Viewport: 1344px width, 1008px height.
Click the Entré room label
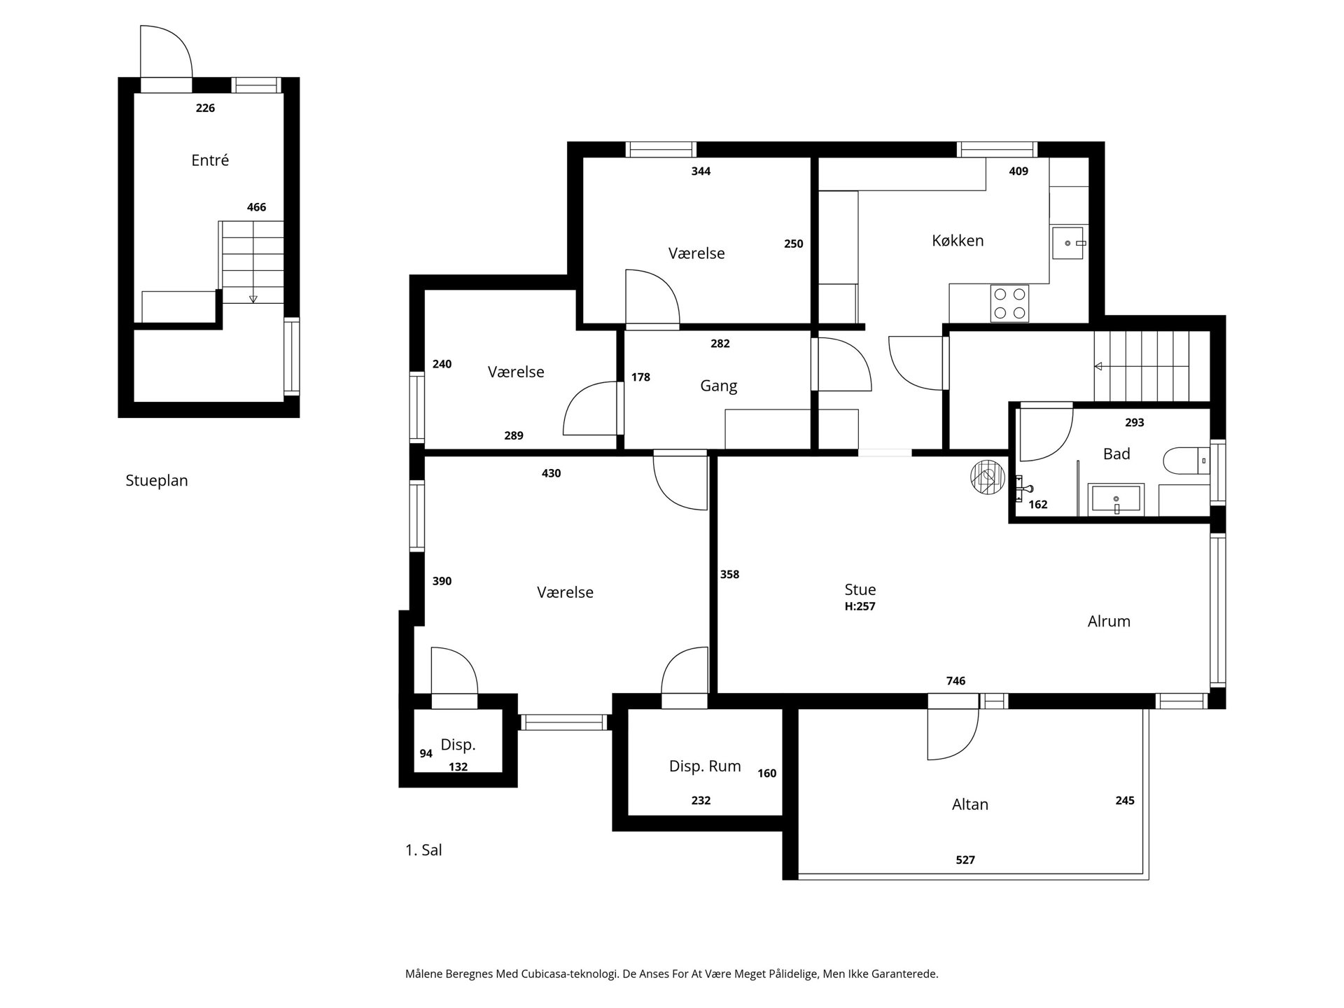[x=210, y=160]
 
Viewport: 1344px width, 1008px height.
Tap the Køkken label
[x=958, y=240]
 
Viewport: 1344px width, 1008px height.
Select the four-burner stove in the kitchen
[x=1009, y=304]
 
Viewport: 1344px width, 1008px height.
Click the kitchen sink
[x=1067, y=243]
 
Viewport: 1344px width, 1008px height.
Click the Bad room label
[x=1116, y=454]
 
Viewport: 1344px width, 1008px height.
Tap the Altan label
[x=970, y=804]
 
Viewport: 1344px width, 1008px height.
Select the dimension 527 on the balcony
[x=965, y=860]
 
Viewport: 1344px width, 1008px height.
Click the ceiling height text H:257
[x=860, y=607]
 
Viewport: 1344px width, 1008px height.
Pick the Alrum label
[x=1109, y=621]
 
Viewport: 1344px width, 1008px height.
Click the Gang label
[x=719, y=386]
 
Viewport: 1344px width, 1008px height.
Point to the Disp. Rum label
[x=705, y=766]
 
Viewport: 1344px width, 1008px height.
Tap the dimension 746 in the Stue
[x=955, y=680]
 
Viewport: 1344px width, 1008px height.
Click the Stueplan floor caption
[x=157, y=481]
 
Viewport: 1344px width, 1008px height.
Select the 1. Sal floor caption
[x=423, y=850]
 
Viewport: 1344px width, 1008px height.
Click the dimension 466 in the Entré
[x=256, y=207]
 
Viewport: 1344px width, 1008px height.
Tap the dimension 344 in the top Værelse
[x=701, y=171]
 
